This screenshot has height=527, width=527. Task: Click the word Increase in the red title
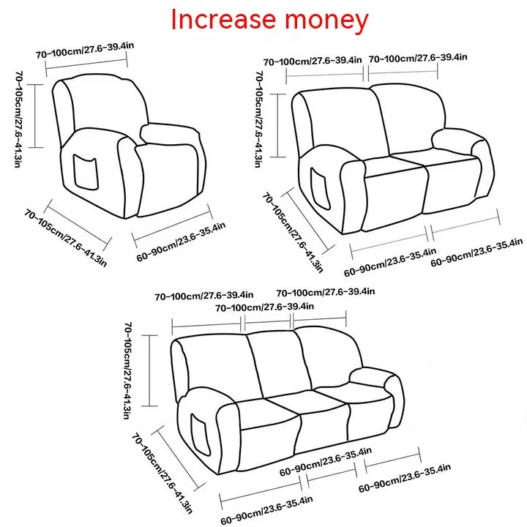pos(223,20)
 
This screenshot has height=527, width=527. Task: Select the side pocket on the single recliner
pos(86,172)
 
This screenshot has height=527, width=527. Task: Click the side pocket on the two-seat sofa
pos(320,188)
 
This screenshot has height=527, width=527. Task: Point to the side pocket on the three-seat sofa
pos(201,434)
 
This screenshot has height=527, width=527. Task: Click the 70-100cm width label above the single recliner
pos(85,50)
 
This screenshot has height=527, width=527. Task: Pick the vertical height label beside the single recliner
pos(18,119)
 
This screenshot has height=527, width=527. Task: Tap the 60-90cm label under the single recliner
pos(181,242)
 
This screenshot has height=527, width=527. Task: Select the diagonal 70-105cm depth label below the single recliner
pos(65,238)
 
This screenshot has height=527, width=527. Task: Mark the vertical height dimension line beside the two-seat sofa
pos(277,125)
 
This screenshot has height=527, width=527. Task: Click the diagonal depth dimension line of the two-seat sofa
pos(307,221)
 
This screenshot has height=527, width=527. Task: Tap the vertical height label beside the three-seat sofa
pos(128,370)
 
